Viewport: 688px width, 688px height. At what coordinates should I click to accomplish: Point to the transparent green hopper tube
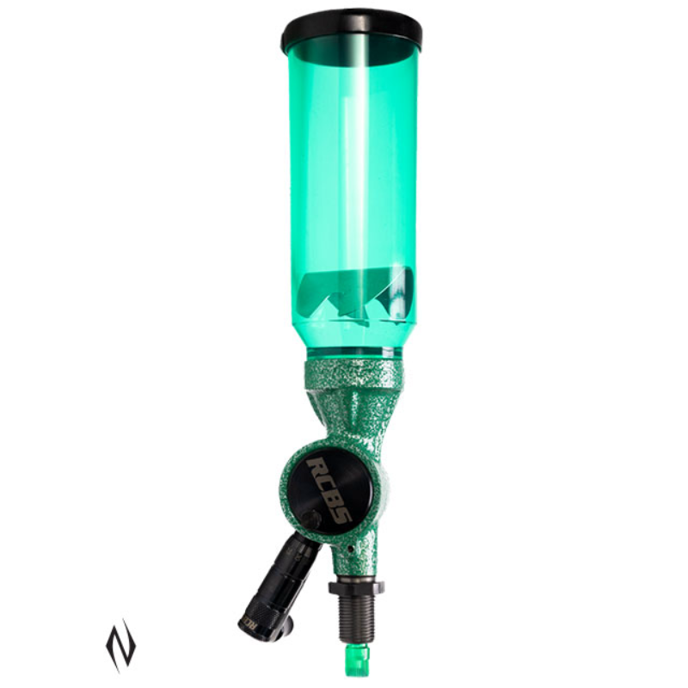[x=353, y=172]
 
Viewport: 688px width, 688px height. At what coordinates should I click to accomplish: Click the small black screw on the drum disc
[x=311, y=518]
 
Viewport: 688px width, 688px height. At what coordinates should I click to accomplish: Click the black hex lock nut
[x=355, y=587]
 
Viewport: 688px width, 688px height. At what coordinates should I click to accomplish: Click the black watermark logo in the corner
[x=120, y=643]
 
